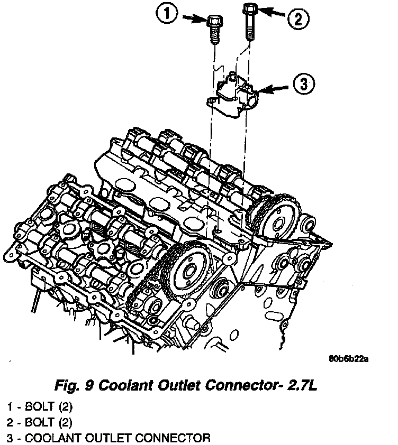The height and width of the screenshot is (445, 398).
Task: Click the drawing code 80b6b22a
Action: pyautogui.click(x=348, y=359)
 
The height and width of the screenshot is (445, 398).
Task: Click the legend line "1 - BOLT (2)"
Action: pyautogui.click(x=39, y=407)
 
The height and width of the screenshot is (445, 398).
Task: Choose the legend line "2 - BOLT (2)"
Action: pyautogui.click(x=39, y=422)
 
